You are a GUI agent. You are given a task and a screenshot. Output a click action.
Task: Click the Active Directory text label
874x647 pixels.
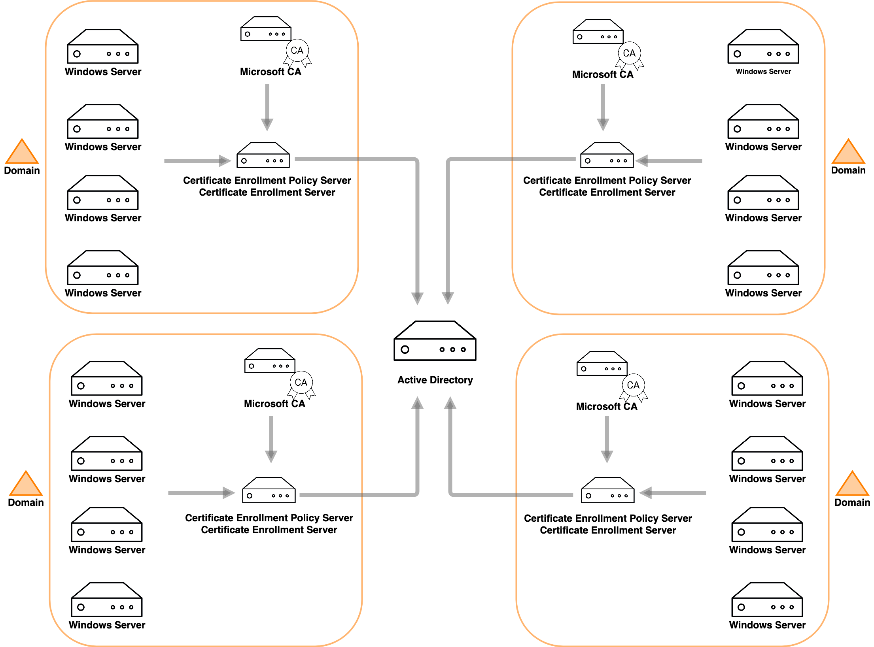pos(435,380)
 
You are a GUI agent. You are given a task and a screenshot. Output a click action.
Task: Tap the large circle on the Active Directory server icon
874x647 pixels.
pos(405,349)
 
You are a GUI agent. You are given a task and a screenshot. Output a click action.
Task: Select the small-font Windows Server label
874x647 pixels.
pos(763,72)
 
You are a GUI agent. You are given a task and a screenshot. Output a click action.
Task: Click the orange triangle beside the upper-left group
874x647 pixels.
pos(22,153)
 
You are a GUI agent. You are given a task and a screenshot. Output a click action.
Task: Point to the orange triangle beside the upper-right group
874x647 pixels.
pos(849,153)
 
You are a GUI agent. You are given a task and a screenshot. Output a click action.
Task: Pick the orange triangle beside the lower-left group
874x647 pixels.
pos(26,485)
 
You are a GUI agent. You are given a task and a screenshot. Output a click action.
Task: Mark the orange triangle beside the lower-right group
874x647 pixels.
pos(853,485)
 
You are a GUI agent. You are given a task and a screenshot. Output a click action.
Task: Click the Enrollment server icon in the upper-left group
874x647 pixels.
pos(263,155)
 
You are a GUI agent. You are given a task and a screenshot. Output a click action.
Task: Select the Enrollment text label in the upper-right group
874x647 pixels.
pos(607,180)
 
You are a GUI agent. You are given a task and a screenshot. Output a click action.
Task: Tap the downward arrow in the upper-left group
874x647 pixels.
pos(267,107)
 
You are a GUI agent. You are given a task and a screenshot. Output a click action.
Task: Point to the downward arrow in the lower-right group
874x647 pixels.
pos(607,439)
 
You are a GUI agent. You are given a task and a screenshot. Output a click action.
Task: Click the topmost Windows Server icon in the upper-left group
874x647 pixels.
pos(103,46)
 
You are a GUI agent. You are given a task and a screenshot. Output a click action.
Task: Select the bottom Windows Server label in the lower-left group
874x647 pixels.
pos(107,625)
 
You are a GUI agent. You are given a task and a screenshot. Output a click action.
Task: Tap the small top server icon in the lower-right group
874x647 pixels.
pos(602,364)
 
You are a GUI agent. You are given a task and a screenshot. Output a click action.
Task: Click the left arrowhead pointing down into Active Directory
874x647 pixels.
pos(417,298)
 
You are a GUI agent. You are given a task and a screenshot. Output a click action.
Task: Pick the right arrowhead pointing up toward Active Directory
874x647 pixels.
pos(450,403)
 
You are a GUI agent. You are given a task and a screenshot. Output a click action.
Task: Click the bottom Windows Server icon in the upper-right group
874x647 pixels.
pos(763,268)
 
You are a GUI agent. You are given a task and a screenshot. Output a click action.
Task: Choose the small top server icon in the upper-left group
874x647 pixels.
pos(266,28)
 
